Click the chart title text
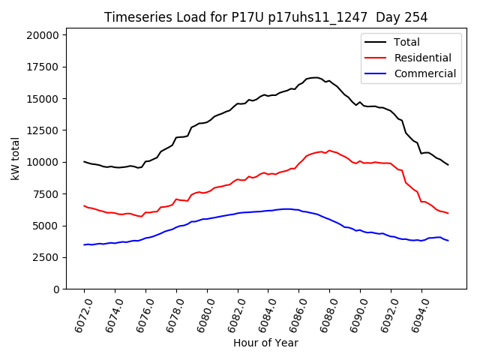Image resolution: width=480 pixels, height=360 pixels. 266,17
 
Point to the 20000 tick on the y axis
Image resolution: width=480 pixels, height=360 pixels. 43,35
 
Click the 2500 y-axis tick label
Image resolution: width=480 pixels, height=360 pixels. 46,257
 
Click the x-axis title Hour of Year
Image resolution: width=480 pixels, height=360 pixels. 265,343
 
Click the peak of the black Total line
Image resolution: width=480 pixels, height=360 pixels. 315,77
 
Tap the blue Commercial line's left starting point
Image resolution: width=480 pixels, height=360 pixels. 84,244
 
